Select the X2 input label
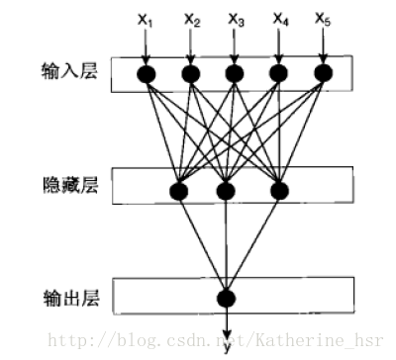click(x=191, y=19)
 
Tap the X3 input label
click(x=235, y=19)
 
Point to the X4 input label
click(x=279, y=19)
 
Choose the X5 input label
click(x=323, y=19)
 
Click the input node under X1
click(x=148, y=74)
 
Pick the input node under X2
click(x=191, y=74)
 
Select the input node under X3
click(x=235, y=74)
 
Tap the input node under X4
click(x=279, y=74)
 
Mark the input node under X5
click(x=323, y=74)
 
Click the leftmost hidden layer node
click(x=180, y=189)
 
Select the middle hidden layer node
click(x=227, y=189)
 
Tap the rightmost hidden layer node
click(x=278, y=189)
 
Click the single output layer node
click(x=227, y=298)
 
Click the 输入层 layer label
click(x=76, y=71)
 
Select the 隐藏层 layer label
click(x=76, y=184)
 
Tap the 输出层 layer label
click(x=76, y=294)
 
